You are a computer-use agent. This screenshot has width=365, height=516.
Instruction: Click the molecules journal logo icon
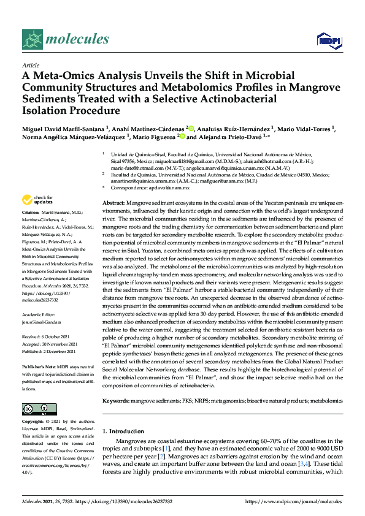click(x=31, y=40)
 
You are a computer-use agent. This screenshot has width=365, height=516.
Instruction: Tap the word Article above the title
click(x=30, y=64)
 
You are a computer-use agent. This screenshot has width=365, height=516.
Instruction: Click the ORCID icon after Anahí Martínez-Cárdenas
click(x=191, y=128)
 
